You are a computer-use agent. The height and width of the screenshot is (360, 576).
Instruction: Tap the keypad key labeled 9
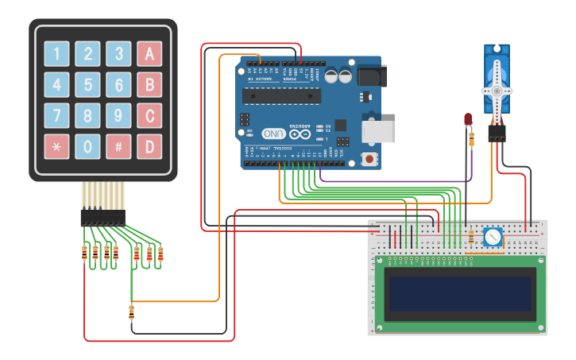click(x=118, y=116)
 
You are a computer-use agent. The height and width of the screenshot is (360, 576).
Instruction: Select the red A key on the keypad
click(x=149, y=54)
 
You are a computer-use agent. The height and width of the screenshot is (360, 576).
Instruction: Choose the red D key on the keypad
click(x=149, y=146)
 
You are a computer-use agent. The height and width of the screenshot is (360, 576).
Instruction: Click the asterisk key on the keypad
click(x=56, y=146)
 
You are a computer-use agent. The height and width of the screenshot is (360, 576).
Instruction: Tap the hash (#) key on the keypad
click(x=118, y=146)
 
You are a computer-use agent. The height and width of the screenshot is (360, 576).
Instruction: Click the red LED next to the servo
click(x=468, y=119)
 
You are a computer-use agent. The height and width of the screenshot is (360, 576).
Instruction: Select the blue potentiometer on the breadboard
click(x=493, y=237)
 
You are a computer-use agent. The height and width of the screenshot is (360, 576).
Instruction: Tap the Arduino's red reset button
click(x=369, y=158)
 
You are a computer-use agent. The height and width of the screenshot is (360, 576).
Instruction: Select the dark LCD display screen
click(x=458, y=293)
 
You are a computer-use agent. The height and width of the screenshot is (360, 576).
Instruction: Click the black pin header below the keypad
click(x=102, y=217)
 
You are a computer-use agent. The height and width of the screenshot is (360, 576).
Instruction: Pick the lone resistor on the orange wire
click(x=131, y=312)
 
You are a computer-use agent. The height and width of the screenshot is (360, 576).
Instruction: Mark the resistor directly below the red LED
click(x=473, y=138)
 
